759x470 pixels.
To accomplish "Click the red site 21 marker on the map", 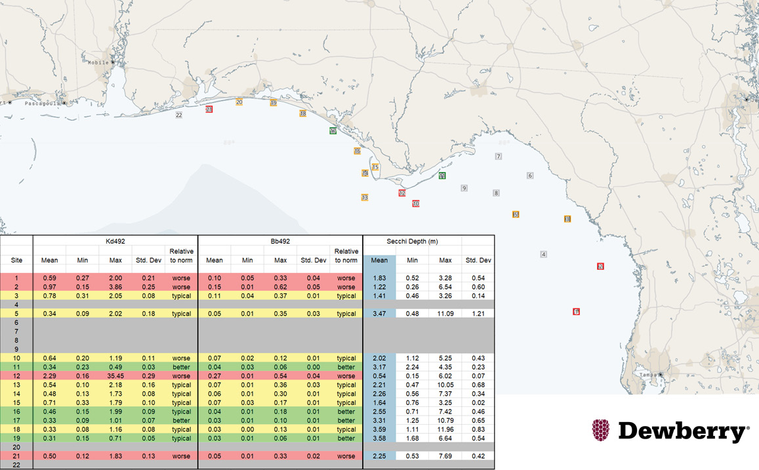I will point(209,110).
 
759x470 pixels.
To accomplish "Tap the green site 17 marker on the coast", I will point(333,131).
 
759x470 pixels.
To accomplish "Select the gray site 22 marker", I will point(178,116).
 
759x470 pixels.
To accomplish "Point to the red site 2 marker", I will point(600,266).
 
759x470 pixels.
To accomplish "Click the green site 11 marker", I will point(442,176).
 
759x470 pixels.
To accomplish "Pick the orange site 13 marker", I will point(365,198).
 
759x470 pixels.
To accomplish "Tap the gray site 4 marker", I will point(543,254).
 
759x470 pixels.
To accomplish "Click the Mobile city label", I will point(98,62).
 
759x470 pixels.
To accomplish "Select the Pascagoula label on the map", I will point(41,103).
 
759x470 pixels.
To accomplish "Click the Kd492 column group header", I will point(115,242).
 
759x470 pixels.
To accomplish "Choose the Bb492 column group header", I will point(280,242).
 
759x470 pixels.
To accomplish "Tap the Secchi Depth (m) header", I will point(412,242).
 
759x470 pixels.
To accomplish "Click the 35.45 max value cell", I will point(115,376).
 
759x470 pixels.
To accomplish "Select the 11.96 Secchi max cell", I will point(445,429).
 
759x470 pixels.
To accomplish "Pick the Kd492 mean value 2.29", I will point(50,376).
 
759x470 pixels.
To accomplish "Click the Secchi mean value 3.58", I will point(379,438).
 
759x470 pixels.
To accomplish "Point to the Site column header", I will point(16,261).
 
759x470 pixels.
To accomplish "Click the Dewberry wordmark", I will point(683,431).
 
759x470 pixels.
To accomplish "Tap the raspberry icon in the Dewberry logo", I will point(601,431).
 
